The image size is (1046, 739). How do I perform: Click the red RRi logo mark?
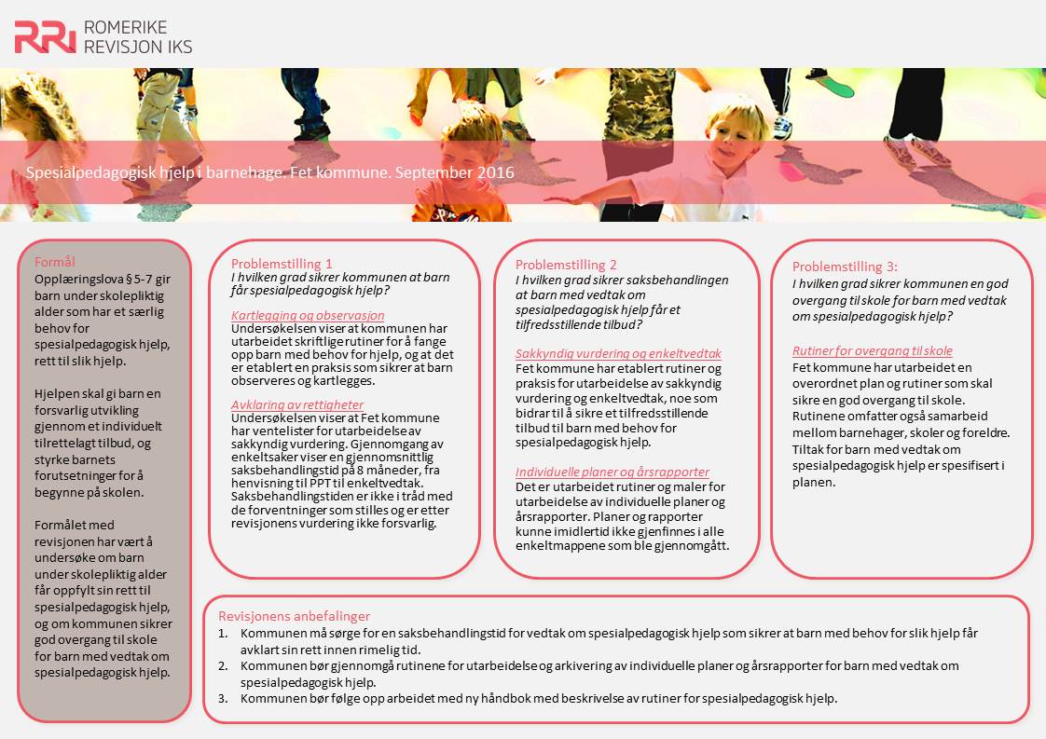(x=45, y=36)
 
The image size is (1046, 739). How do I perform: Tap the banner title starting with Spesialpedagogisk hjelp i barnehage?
(x=269, y=172)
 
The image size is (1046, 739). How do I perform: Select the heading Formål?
(x=54, y=262)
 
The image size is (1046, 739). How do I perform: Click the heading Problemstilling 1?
(x=282, y=264)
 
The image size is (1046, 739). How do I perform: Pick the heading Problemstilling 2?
(x=566, y=265)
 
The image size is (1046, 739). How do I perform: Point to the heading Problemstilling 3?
(x=845, y=267)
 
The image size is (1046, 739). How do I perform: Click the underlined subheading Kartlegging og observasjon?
(x=308, y=315)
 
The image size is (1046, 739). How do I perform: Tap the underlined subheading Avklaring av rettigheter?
(x=297, y=404)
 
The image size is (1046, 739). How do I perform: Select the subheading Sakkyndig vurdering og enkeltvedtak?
(x=618, y=354)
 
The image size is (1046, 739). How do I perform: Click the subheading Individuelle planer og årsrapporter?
(x=612, y=472)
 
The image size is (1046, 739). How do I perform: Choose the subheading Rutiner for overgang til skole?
(x=873, y=351)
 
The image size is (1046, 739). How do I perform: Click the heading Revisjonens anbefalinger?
(x=294, y=616)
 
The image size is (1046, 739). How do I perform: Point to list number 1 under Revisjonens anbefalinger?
(x=223, y=633)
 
